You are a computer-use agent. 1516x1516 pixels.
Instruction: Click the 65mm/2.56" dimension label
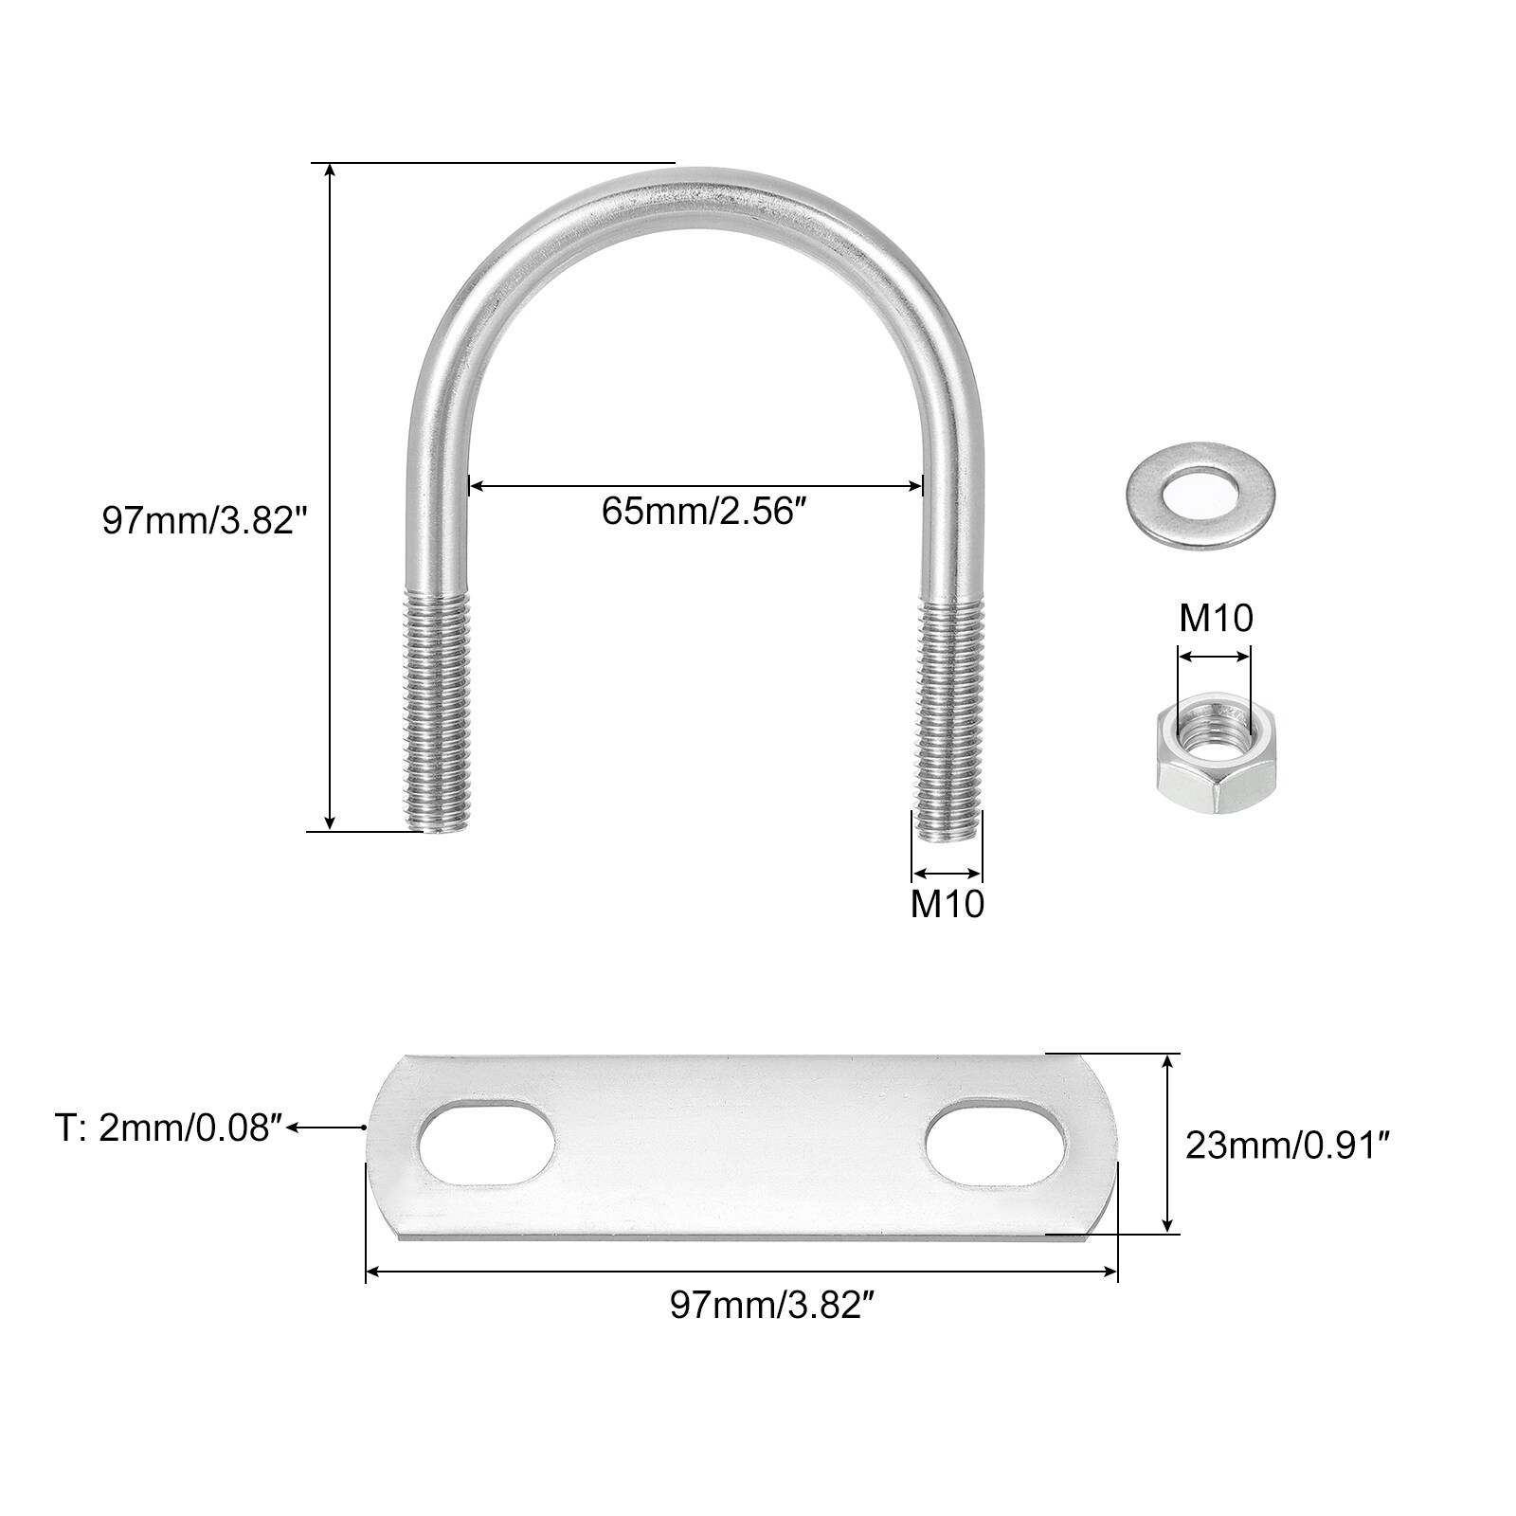click(709, 512)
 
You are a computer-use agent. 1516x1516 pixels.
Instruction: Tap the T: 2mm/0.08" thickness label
click(169, 1128)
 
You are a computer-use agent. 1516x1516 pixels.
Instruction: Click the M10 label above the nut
click(1216, 619)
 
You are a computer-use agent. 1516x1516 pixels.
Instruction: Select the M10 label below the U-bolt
click(947, 904)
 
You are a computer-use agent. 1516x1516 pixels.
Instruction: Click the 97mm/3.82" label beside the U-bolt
click(206, 520)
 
